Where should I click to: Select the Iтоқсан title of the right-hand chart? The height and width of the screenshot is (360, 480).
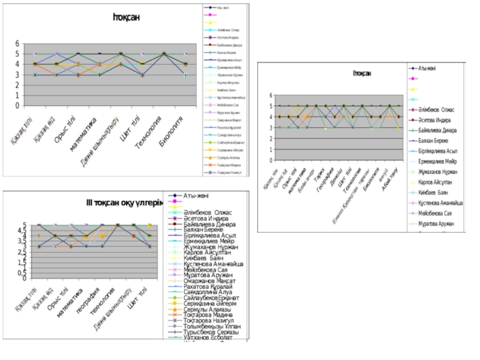pos(362,73)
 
